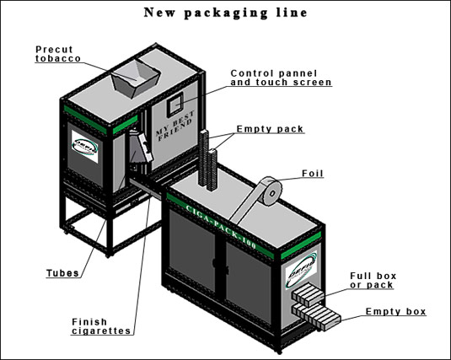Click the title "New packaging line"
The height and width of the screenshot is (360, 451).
[x=226, y=13]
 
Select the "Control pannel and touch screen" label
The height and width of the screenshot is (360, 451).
[x=281, y=78]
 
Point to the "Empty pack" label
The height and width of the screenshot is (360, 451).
[x=270, y=129]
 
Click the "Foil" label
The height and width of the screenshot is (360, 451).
[x=313, y=174]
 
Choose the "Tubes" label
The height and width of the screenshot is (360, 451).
[x=62, y=273]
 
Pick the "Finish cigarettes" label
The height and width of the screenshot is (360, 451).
[x=101, y=326]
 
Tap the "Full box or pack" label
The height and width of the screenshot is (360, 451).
[x=373, y=281]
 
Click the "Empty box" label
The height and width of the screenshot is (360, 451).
[x=395, y=312]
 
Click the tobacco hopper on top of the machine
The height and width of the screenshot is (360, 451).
[x=136, y=78]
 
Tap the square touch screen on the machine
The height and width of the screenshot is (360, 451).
[x=175, y=105]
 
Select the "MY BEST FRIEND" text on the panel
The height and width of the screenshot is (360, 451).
[x=174, y=126]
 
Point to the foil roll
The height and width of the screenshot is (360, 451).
[x=271, y=191]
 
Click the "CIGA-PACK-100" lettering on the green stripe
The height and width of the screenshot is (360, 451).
[x=221, y=227]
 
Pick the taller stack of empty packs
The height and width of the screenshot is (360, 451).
[x=204, y=158]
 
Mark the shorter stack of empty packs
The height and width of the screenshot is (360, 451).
[x=212, y=169]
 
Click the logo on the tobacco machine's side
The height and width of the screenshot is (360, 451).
[x=85, y=147]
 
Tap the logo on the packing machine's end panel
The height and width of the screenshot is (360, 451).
[x=301, y=270]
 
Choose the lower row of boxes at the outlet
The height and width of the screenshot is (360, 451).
[x=316, y=316]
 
